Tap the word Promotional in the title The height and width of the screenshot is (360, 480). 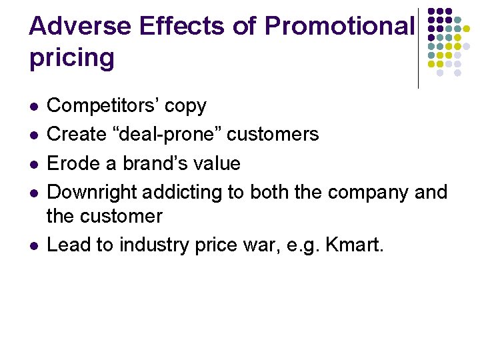coord(339,27)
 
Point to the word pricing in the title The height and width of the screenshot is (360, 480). coord(72,59)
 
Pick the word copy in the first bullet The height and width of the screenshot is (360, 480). coord(185,106)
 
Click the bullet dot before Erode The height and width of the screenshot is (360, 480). coord(33,164)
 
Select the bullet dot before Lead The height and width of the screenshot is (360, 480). coord(33,246)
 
